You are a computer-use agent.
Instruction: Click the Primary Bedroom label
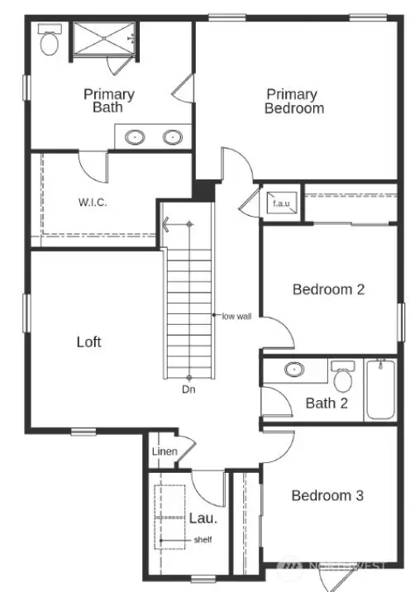(294, 101)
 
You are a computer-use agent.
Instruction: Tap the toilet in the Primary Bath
(50, 41)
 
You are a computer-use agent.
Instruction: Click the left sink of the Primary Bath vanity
(136, 136)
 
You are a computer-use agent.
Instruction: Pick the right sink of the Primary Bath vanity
(174, 136)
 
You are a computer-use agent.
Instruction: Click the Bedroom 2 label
(328, 289)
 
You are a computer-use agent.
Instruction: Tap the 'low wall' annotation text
(237, 315)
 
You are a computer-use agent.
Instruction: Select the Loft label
(89, 341)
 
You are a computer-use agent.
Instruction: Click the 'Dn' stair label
(189, 389)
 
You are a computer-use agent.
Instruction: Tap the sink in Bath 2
(294, 370)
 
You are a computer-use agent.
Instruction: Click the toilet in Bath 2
(342, 376)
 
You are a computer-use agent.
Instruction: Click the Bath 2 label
(326, 403)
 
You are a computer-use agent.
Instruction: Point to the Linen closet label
(164, 451)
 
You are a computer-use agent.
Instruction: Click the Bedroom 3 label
(327, 495)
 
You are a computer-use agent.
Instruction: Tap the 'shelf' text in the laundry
(203, 540)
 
